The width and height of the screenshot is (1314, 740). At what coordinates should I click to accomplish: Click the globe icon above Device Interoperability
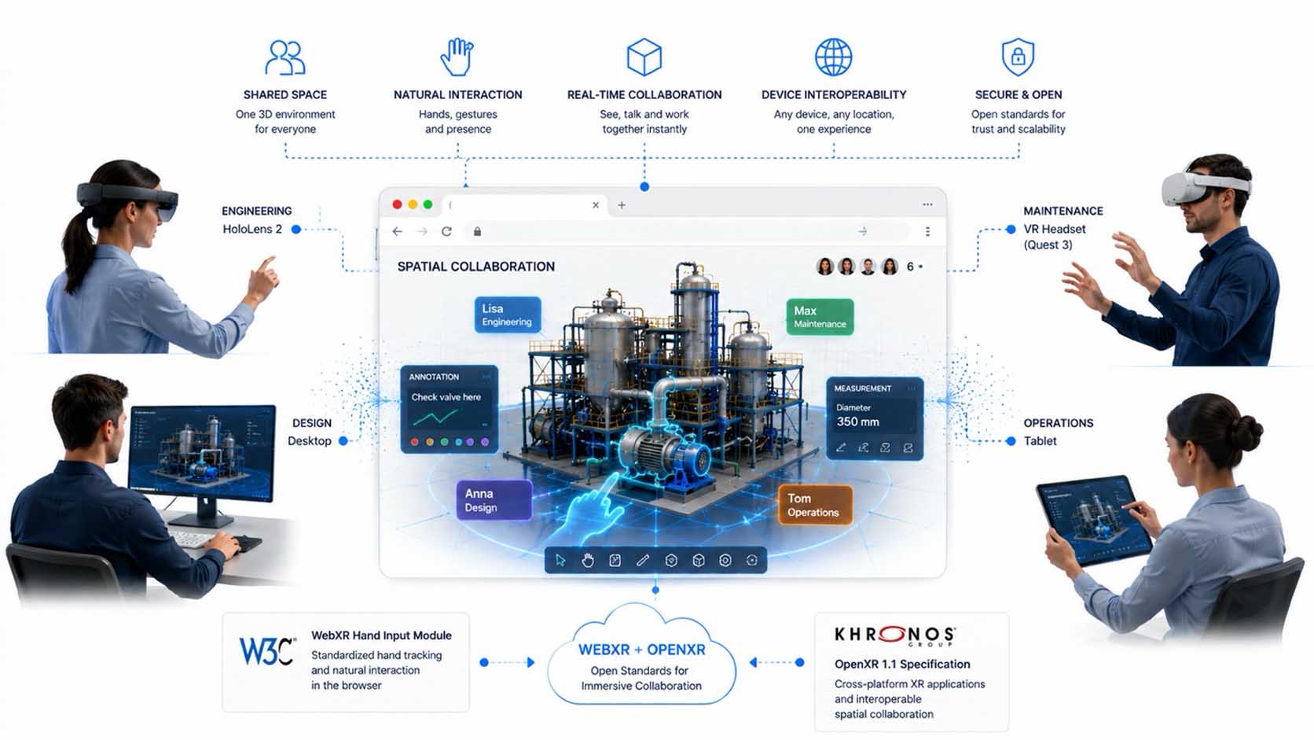tap(834, 57)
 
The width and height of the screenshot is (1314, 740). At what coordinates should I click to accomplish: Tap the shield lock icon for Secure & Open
tap(1018, 57)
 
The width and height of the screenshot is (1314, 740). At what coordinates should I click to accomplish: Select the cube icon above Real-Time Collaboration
tap(644, 57)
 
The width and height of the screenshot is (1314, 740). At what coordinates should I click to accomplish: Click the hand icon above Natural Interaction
tap(457, 57)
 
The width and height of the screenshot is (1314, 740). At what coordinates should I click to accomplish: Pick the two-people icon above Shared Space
tap(285, 57)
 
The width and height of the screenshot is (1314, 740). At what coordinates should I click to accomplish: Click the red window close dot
tap(397, 204)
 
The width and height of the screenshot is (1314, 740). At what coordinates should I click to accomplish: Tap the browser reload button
tap(446, 231)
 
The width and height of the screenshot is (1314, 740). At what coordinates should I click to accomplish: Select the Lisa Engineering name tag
tap(508, 315)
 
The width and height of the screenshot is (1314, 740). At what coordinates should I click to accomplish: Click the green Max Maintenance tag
tap(820, 317)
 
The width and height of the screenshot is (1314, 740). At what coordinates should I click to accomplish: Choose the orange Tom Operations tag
tap(815, 505)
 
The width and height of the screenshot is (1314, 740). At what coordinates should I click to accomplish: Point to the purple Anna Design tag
tap(494, 501)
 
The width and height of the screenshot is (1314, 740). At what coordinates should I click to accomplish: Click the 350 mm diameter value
tap(857, 422)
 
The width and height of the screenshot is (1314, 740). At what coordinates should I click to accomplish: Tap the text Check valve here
tap(446, 396)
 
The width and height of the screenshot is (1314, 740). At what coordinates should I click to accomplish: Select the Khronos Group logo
tap(895, 635)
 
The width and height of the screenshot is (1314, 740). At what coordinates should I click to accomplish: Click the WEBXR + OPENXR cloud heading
tap(642, 650)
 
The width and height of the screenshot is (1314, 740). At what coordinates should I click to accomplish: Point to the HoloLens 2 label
tap(252, 229)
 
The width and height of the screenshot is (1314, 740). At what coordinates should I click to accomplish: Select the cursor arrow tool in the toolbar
tap(560, 560)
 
